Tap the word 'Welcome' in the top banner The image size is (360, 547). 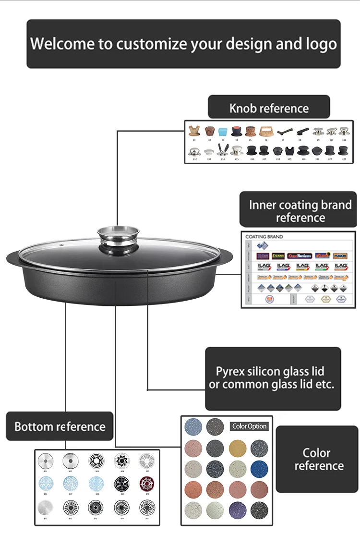tap(62, 44)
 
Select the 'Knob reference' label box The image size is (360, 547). tap(269, 108)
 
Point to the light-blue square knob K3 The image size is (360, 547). tap(222, 131)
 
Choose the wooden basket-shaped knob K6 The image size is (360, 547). tap(265, 131)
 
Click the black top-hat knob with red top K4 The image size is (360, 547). tap(237, 131)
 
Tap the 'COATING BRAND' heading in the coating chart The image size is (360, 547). tap(264, 237)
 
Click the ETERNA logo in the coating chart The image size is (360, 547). tap(278, 256)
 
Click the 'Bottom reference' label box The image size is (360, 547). tap(60, 426)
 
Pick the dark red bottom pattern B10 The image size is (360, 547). tap(147, 484)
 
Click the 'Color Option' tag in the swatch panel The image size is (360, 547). tap(250, 426)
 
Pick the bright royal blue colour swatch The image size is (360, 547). tap(259, 468)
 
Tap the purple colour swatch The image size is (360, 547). tap(237, 509)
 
